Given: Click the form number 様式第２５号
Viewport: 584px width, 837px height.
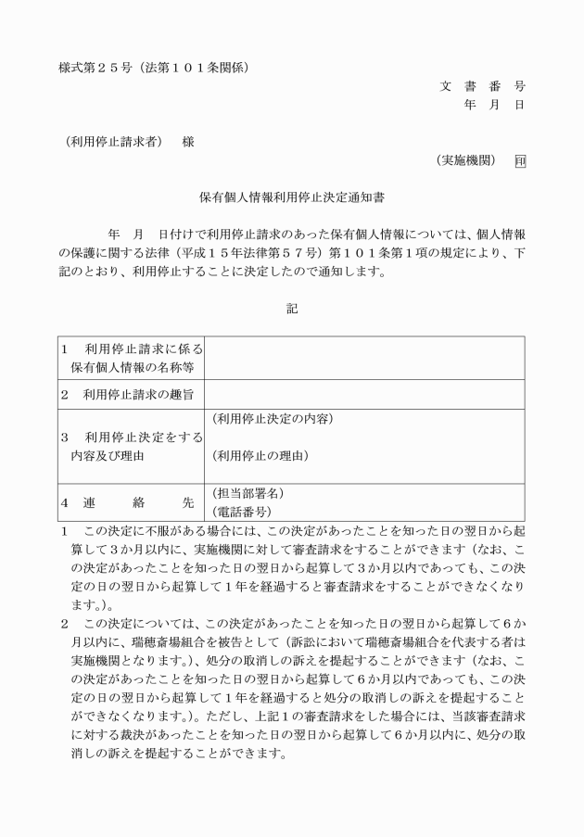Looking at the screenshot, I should click(95, 67).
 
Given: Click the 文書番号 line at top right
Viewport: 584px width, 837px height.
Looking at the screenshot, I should click(481, 86).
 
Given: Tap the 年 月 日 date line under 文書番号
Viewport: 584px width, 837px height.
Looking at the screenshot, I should click(493, 105).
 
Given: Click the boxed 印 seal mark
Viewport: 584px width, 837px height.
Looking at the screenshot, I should click(519, 161).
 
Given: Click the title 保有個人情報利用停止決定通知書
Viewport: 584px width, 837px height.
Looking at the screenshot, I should click(291, 197).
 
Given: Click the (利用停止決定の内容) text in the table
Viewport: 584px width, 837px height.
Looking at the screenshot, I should click(272, 419).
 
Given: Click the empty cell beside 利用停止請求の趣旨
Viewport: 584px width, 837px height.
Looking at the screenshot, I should click(364, 395).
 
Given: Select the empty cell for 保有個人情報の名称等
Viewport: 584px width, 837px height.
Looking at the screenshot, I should click(364, 358).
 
